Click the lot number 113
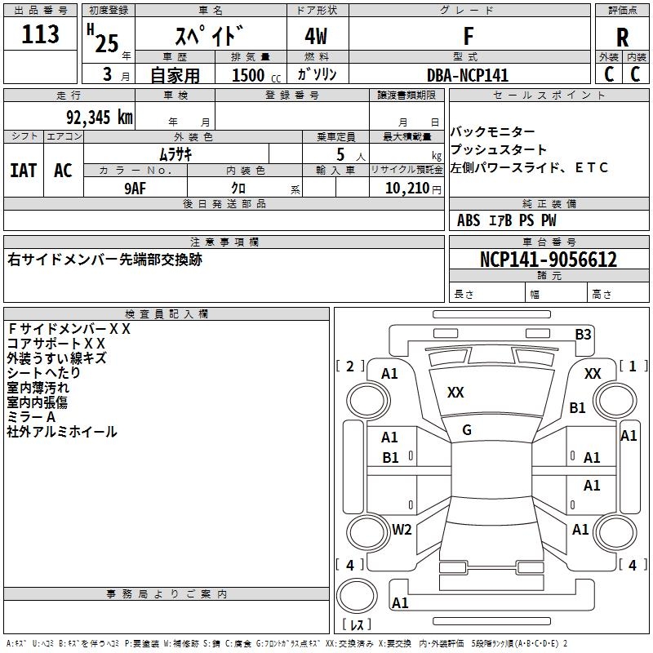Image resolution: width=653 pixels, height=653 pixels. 41,35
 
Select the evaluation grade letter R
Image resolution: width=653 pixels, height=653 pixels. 622,38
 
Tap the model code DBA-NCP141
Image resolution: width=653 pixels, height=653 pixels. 468,75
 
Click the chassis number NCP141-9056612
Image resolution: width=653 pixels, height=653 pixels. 549,260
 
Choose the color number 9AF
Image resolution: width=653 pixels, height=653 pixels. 135,188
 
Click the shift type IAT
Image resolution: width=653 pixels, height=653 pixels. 23,171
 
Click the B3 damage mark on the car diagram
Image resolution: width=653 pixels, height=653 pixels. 583,333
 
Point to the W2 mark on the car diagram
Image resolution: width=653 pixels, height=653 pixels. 401,530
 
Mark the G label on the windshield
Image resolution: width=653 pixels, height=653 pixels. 467,430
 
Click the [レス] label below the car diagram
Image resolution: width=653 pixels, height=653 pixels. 358,626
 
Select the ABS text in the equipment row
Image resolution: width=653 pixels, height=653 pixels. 469,220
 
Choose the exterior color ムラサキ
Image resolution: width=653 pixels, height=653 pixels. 175,153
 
